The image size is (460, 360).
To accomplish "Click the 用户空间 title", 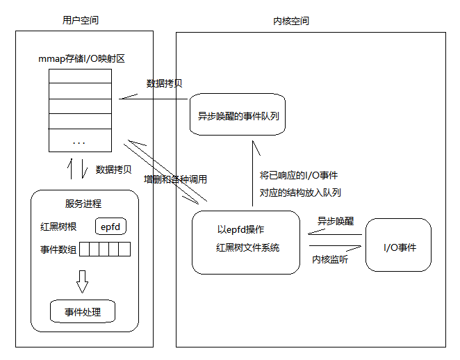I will pos(81,21).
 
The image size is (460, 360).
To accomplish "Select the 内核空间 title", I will pos(291,21).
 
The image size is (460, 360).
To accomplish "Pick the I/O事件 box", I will pos(399,247).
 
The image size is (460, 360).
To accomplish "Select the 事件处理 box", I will pos(83,312).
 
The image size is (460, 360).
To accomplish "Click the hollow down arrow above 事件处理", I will pos(83,281).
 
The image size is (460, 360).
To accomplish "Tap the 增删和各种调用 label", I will pos(174,179).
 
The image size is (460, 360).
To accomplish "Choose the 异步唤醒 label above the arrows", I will pos(335,222).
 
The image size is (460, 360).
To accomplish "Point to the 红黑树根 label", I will pos(58,227).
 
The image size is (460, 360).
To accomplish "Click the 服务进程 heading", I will pos(83,204).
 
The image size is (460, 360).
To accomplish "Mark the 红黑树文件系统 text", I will pos(247,248).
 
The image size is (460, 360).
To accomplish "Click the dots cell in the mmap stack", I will pos(80,142).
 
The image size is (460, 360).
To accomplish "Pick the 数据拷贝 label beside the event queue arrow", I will pos(165,83).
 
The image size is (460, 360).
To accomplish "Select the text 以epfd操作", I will pos(240,229).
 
